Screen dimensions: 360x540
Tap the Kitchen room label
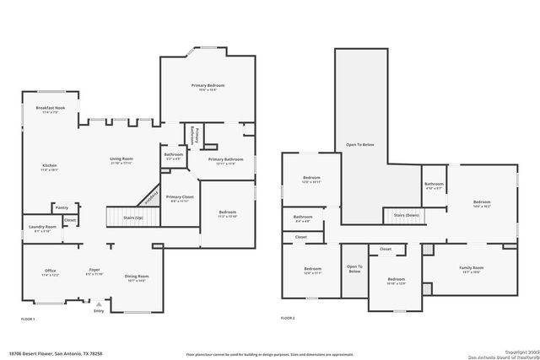pyautogui.click(x=50, y=166)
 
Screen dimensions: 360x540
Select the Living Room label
pyautogui.click(x=121, y=159)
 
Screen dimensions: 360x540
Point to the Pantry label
pyautogui.click(x=62, y=207)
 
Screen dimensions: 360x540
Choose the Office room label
pyautogui.click(x=50, y=271)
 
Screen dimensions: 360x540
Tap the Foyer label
pyautogui.click(x=94, y=271)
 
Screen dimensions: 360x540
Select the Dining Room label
pyautogui.click(x=137, y=277)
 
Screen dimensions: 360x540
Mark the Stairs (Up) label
pyautogui.click(x=133, y=218)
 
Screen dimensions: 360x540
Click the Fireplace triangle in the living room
pyautogui.click(x=149, y=196)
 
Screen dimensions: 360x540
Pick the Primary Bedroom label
pyautogui.click(x=208, y=86)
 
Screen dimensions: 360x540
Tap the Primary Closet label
pyautogui.click(x=180, y=197)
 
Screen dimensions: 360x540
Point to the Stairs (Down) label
pyautogui.click(x=407, y=216)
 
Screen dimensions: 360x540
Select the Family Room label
pyautogui.click(x=471, y=268)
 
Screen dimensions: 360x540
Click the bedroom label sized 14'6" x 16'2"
pyautogui.click(x=482, y=203)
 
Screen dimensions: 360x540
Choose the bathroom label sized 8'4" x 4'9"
pyautogui.click(x=303, y=218)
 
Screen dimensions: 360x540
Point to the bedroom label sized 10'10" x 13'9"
pyautogui.click(x=397, y=280)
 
